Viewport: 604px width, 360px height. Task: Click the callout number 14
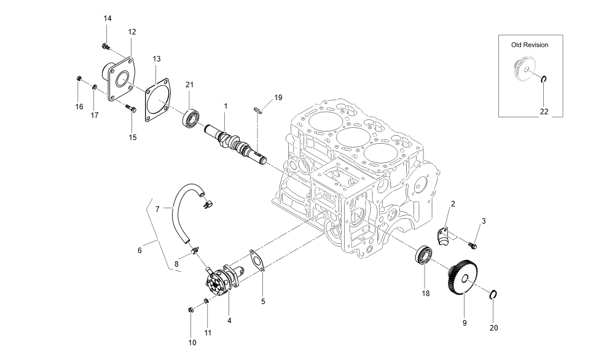(108, 18)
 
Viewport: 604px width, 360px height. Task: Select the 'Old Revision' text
(530, 45)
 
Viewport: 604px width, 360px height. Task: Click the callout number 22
(544, 111)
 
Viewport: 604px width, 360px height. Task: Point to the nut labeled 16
(79, 78)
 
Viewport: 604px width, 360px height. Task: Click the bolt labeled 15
(131, 111)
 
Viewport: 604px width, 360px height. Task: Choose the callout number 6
(139, 250)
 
